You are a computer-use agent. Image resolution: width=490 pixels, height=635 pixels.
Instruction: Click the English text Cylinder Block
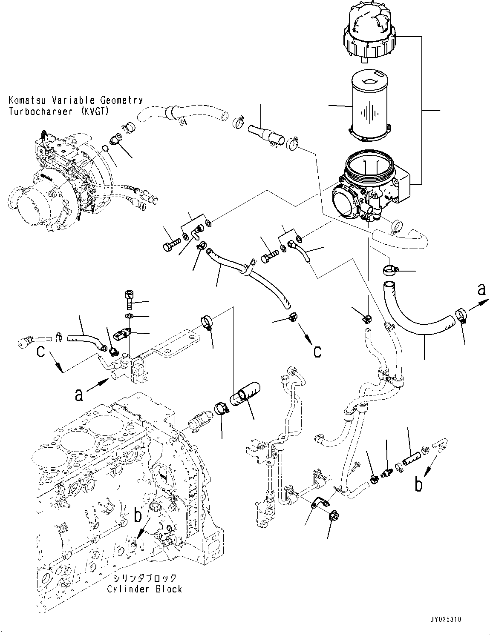(144, 589)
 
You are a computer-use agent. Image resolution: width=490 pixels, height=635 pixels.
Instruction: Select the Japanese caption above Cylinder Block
(144, 578)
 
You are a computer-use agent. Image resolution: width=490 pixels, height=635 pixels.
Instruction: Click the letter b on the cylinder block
(138, 516)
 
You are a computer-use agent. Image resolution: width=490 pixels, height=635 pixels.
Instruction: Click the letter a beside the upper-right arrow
(481, 289)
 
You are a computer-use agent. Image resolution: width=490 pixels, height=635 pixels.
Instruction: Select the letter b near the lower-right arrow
(419, 485)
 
